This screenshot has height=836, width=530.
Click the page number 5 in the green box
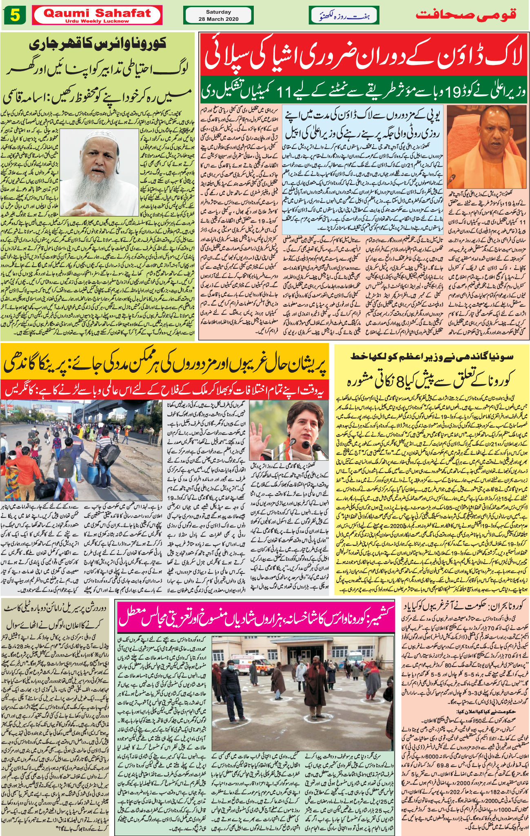[15, 16]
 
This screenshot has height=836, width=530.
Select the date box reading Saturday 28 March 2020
[218, 16]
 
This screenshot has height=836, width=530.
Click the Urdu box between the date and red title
[344, 16]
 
